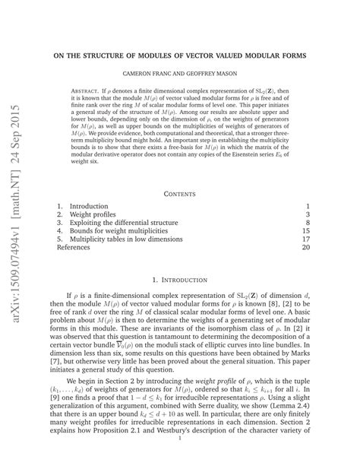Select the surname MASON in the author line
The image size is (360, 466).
click(x=238, y=75)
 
